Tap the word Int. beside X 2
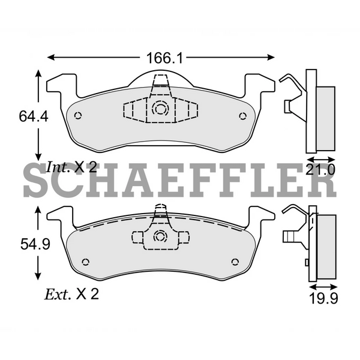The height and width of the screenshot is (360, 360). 58,168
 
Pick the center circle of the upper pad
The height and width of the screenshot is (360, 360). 160,109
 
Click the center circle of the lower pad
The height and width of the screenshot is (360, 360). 160,236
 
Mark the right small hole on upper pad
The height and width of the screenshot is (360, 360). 242,116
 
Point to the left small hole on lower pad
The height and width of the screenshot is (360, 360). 85,262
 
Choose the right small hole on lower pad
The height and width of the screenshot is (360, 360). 235,262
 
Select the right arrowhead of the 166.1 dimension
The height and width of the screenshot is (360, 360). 272,58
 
